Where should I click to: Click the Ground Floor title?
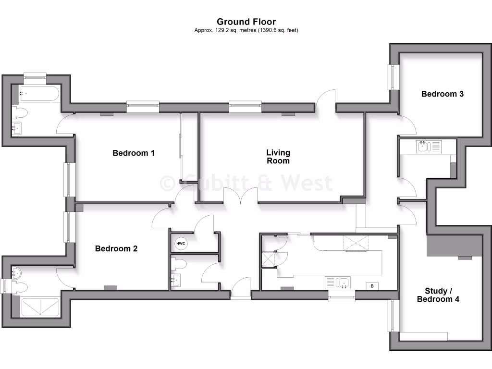(x=246, y=21)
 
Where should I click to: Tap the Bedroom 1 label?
(x=134, y=153)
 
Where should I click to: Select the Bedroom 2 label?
(x=116, y=248)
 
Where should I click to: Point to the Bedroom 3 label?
(x=442, y=94)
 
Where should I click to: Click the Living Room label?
(x=278, y=157)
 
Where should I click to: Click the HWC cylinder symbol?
(x=181, y=244)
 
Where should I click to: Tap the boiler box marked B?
(x=372, y=286)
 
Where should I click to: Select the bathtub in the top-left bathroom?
(x=38, y=94)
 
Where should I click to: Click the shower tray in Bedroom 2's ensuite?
(x=40, y=307)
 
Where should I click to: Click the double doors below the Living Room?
(x=242, y=197)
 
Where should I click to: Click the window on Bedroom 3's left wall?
(x=394, y=76)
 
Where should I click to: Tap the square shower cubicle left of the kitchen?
(x=267, y=259)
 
